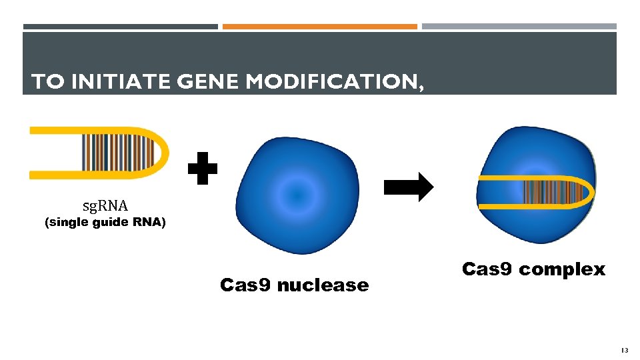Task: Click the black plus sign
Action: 202,169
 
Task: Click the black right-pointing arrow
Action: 409,187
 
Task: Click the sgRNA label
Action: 105,205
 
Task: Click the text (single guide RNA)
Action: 105,223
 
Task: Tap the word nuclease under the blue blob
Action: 322,285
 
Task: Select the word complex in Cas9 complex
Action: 562,269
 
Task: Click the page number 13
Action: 624,350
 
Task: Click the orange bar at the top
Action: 320,27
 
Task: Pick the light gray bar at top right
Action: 519,27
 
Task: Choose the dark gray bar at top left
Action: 121,27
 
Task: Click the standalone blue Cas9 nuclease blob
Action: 297,195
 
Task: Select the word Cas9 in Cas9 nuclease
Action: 245,285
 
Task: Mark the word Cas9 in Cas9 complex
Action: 487,269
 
